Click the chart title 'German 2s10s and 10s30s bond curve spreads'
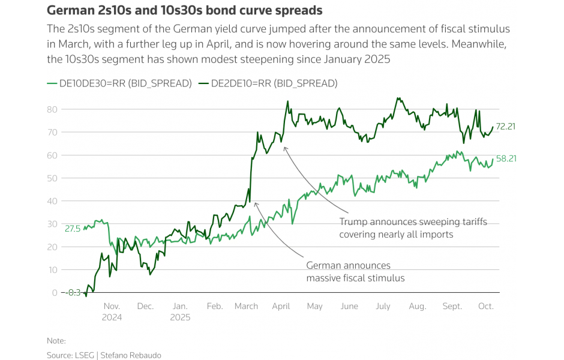tap(184, 11)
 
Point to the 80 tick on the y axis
tap(52, 109)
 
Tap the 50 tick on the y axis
tap(52, 178)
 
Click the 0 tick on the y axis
tap(55, 293)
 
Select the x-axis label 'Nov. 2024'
tap(112, 311)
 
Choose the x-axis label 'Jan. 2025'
tap(180, 311)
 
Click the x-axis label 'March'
tap(246, 306)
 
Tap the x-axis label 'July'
tap(383, 306)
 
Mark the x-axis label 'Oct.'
tap(485, 306)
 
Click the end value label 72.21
tap(506, 126)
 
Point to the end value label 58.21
tap(506, 159)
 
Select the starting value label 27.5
tap(73, 229)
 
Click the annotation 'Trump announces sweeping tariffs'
tap(413, 222)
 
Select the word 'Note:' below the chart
tap(56, 340)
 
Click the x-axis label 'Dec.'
tap(145, 306)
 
